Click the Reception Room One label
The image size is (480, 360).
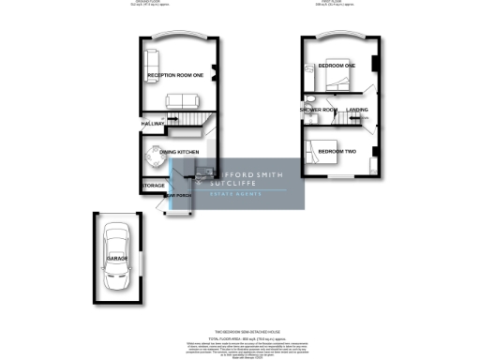(x=176, y=75)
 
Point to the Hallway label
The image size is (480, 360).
(x=153, y=124)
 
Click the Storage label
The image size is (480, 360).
(x=153, y=186)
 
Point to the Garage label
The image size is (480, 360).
(x=117, y=257)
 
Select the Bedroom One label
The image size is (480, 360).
(x=336, y=67)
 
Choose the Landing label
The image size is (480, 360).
(x=357, y=111)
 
